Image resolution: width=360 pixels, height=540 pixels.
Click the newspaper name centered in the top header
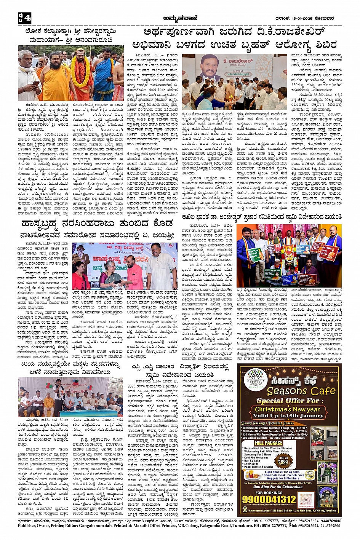(x=179, y=18)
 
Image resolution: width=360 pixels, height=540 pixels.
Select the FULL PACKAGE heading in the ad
(x=268, y=443)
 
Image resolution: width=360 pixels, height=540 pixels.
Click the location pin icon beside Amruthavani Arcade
(x=245, y=509)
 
